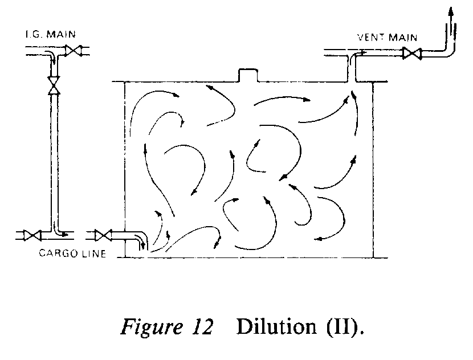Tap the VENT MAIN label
click(387, 38)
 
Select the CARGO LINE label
click(72, 253)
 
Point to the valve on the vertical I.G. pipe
click(54, 84)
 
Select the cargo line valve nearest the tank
click(103, 235)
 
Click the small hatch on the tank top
click(248, 75)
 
